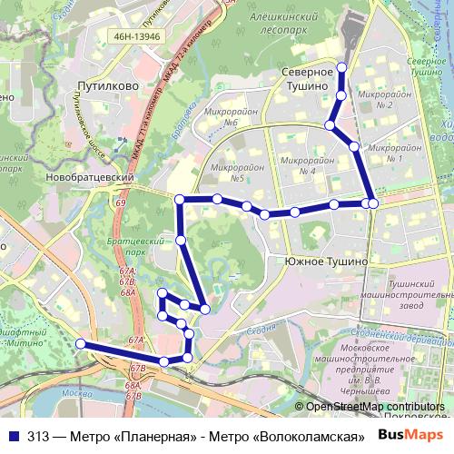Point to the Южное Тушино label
[x=325, y=261]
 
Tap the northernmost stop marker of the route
[x=341, y=66]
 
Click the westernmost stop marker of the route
[x=81, y=344]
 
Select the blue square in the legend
[x=13, y=435]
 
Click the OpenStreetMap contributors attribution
[x=375, y=407]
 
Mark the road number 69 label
[x=121, y=204]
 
